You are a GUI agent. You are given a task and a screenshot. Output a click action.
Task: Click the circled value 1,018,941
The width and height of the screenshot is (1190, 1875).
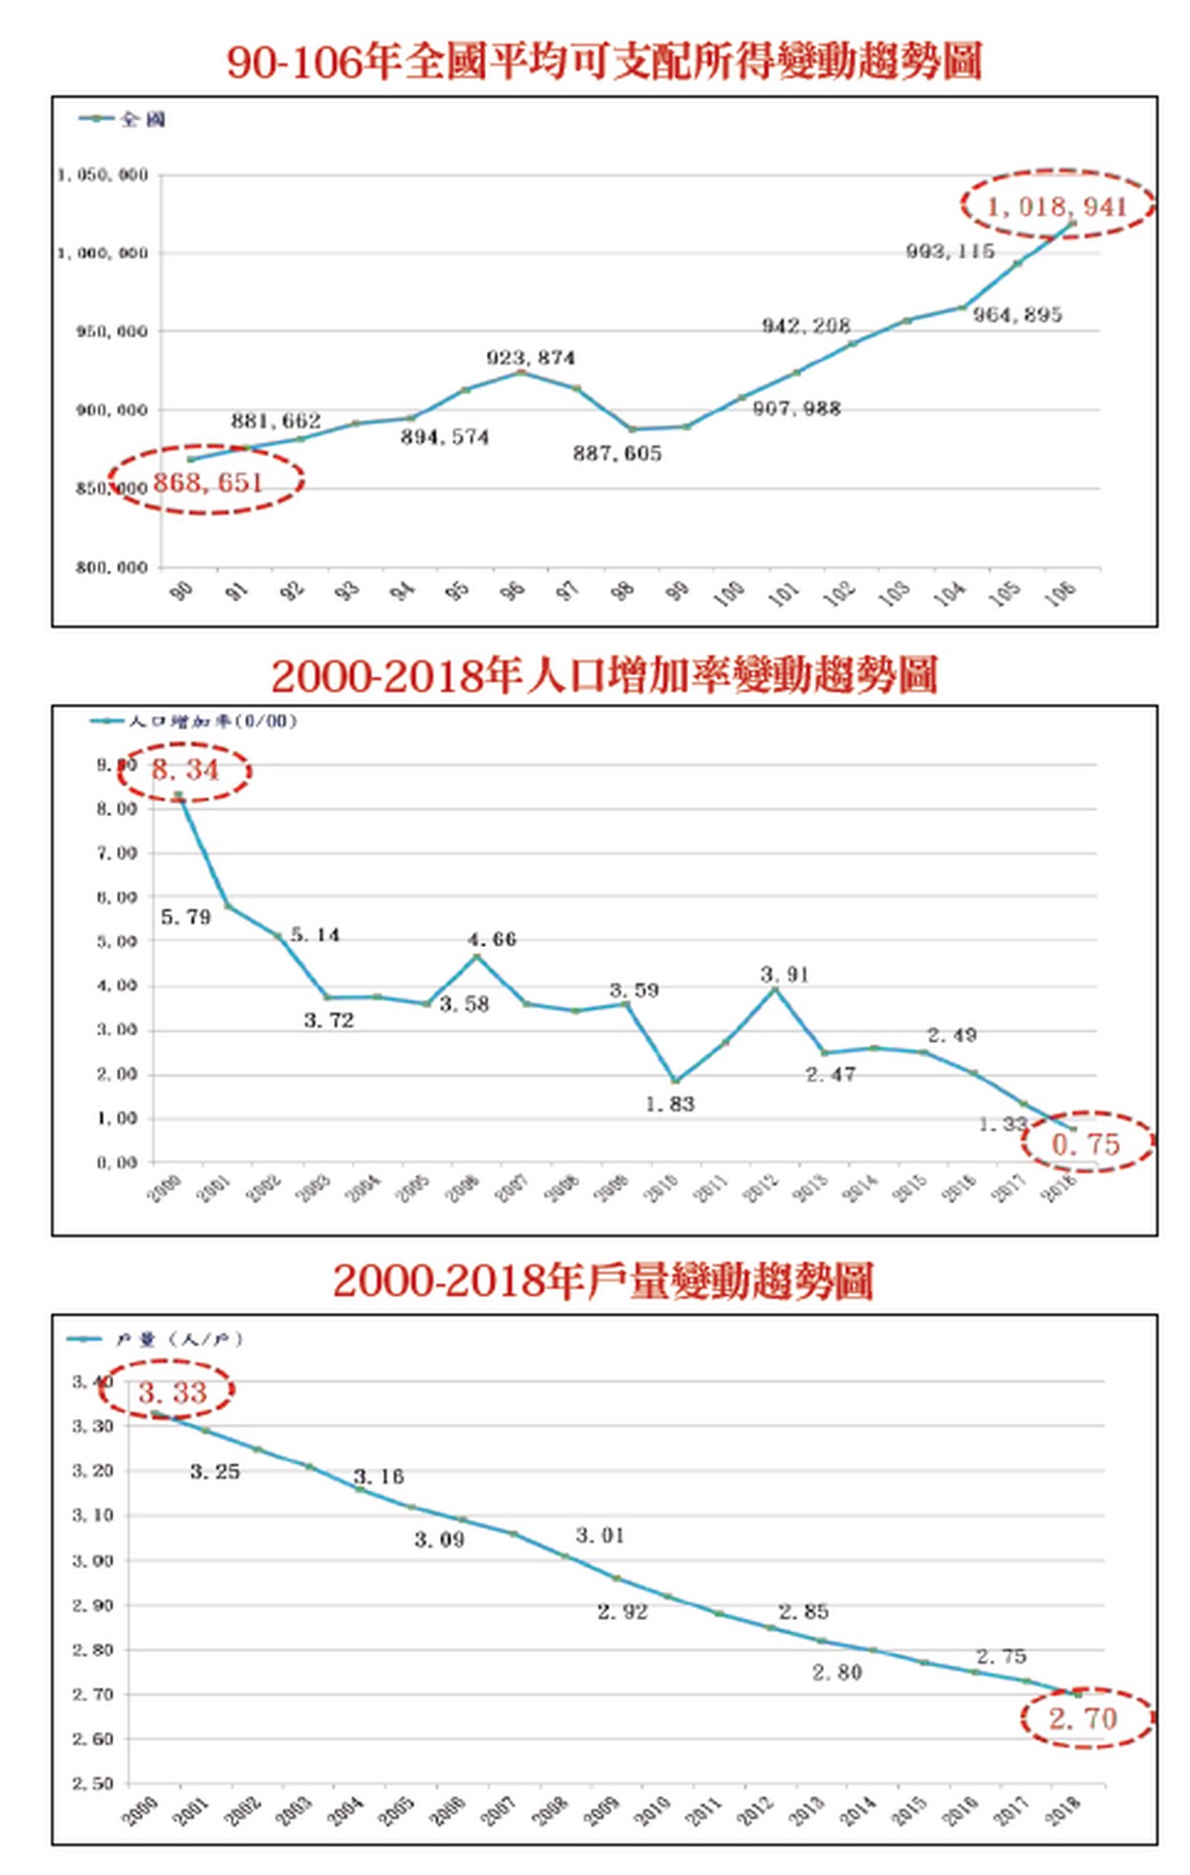click(1057, 205)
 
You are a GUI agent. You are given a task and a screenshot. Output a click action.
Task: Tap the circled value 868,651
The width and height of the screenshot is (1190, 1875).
click(208, 483)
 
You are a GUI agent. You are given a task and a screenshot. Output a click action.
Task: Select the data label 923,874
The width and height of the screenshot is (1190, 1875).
click(531, 358)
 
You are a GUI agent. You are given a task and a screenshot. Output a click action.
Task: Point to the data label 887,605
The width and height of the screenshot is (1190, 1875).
click(617, 453)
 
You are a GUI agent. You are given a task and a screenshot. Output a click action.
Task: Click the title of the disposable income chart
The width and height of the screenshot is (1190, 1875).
click(604, 61)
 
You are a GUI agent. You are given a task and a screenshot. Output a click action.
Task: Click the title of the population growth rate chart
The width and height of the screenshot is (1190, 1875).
click(604, 676)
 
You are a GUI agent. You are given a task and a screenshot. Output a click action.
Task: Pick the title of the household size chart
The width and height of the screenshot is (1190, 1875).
click(603, 1281)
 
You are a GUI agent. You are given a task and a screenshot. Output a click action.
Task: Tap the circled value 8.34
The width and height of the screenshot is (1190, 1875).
click(185, 769)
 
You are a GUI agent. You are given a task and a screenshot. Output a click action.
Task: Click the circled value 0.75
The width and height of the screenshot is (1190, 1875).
click(1086, 1144)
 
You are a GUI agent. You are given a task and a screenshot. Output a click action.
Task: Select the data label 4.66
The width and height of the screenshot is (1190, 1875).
click(492, 939)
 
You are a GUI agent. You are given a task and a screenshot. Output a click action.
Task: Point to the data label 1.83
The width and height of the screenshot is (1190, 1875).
click(670, 1104)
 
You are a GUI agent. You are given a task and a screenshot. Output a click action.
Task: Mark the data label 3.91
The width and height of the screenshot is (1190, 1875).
click(785, 975)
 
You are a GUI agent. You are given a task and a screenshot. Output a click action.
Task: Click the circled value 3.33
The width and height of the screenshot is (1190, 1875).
click(173, 1393)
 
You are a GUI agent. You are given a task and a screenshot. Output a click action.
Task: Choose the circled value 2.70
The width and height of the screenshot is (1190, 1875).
click(1083, 1718)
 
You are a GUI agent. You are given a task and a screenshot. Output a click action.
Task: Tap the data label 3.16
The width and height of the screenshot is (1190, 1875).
click(379, 1476)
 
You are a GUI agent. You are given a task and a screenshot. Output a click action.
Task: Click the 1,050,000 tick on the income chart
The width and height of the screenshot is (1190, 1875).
click(102, 176)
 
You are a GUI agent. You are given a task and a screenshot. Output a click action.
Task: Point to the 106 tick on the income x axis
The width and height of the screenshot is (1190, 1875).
click(1060, 593)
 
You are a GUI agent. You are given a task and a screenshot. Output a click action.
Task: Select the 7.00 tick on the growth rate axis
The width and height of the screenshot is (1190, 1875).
click(117, 853)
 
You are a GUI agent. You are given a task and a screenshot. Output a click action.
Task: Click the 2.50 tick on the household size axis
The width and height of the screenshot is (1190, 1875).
click(93, 1783)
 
